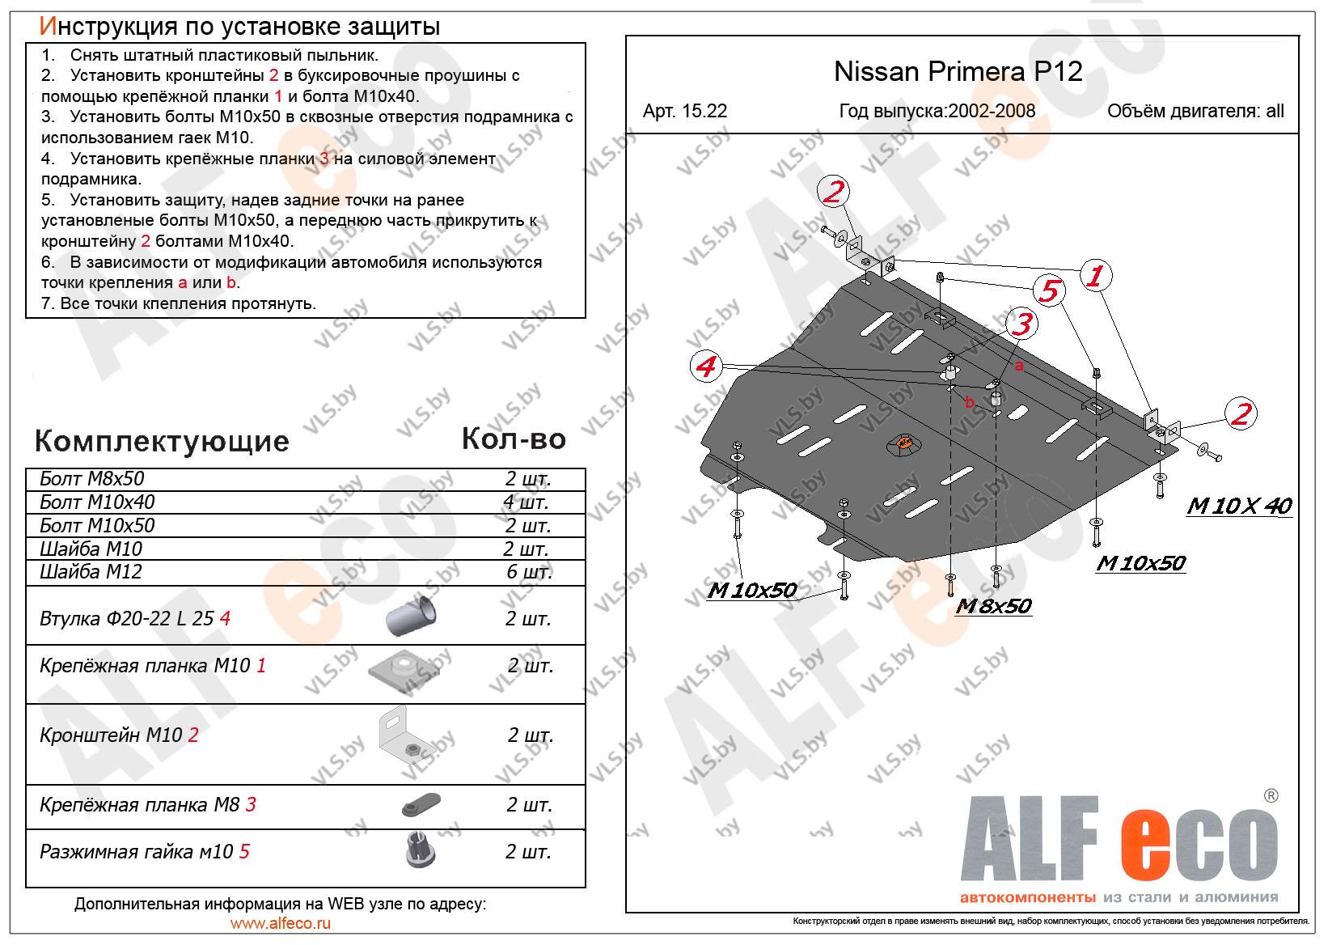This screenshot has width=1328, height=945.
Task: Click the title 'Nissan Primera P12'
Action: point(958,72)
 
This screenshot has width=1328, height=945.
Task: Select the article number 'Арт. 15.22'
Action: point(684,112)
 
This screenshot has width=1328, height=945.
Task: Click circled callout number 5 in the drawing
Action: point(1048,290)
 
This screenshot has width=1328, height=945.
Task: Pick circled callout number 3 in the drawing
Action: point(1022,324)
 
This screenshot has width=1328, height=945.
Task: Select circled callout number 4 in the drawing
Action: point(707,367)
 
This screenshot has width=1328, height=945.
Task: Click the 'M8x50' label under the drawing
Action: point(993,606)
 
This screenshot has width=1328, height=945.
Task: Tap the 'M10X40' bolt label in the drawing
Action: point(1239,506)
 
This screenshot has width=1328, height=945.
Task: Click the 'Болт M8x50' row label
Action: point(91,479)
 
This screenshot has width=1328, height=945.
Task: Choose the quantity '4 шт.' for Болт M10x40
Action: point(526,502)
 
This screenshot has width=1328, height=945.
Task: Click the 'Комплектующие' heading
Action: point(162,442)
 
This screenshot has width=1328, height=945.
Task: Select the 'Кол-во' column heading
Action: point(514,439)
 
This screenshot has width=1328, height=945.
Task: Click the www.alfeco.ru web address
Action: point(281,923)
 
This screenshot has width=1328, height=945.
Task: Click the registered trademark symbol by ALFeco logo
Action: point(1270,796)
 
